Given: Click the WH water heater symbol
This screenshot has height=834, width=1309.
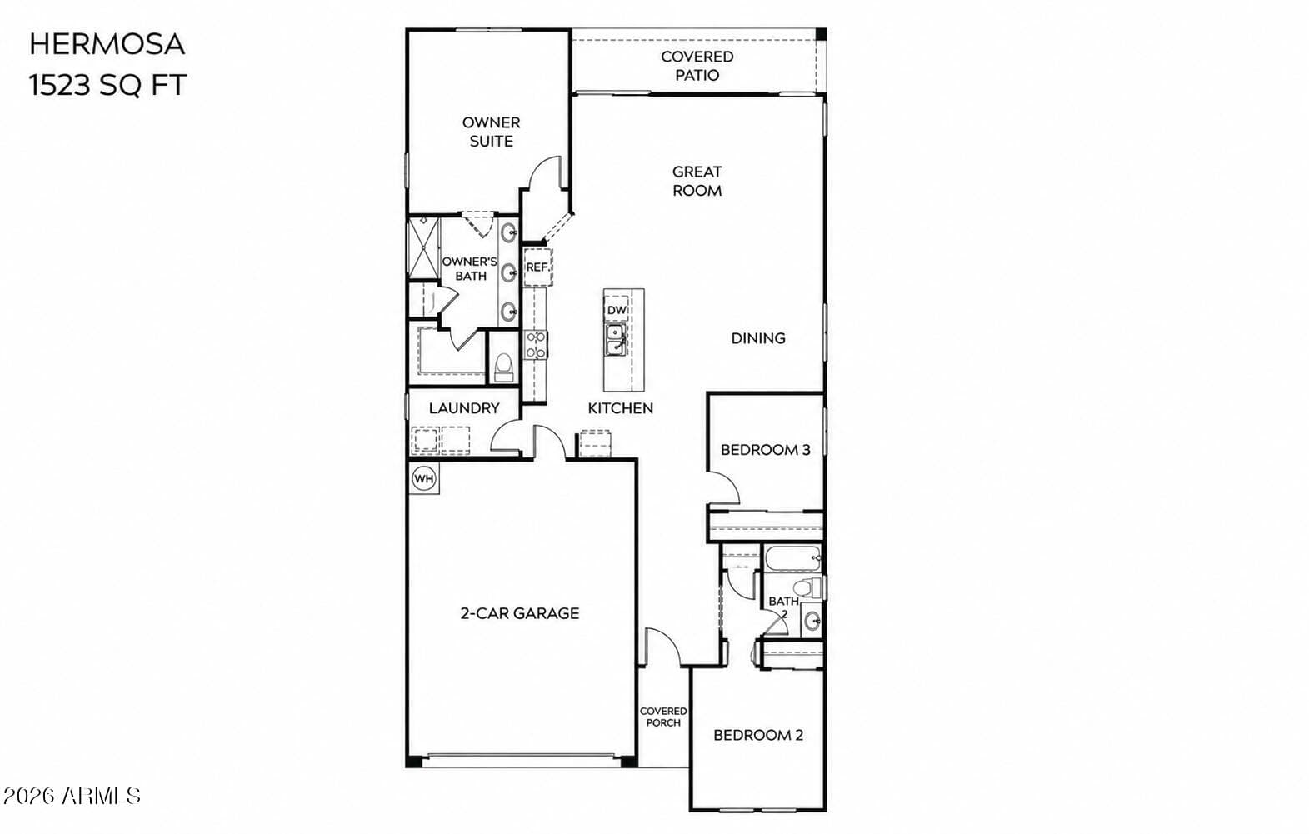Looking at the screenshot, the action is click(x=423, y=479).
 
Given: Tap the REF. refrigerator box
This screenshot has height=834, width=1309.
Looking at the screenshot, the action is click(x=537, y=267).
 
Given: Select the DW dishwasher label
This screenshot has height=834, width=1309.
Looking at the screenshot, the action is click(x=617, y=310).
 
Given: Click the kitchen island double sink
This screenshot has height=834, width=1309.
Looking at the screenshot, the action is click(x=615, y=340).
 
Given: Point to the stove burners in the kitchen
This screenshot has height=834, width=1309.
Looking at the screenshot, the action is click(x=535, y=345).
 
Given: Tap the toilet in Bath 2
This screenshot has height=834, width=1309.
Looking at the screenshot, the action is click(x=809, y=587).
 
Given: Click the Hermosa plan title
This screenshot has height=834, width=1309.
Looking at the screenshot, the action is click(x=107, y=45).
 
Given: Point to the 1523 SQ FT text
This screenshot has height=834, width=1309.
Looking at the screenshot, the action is click(x=107, y=85).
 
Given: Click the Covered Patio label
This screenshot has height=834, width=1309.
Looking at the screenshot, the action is click(x=697, y=66).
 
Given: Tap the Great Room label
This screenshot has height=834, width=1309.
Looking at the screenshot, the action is click(x=697, y=181).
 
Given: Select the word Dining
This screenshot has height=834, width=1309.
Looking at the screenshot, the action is click(x=758, y=338).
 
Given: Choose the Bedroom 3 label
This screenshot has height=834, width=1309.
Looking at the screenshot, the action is click(x=766, y=450).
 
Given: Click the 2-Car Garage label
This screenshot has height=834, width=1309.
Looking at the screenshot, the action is click(x=520, y=613).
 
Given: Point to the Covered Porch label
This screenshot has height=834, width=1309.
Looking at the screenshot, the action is click(x=663, y=717).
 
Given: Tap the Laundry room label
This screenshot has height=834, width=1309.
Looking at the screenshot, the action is click(x=464, y=408).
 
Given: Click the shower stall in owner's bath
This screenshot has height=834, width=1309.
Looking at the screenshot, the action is click(x=423, y=247).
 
